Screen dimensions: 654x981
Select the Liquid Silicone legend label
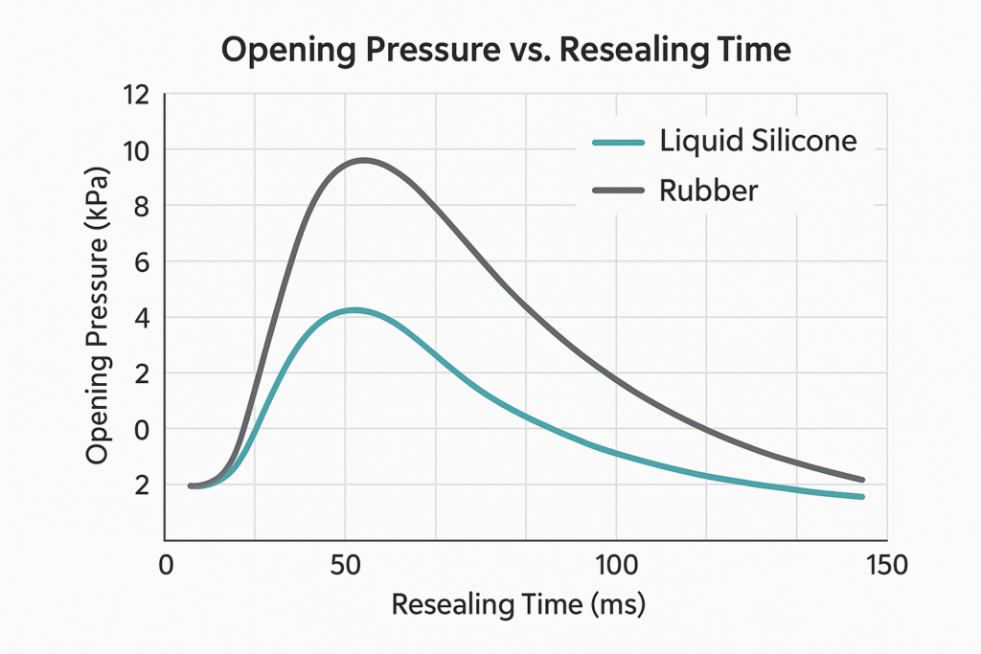758,141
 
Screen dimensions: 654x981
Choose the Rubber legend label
709,191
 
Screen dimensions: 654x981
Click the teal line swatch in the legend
619,143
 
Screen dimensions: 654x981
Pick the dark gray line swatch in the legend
619,192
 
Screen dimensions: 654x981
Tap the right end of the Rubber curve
862,480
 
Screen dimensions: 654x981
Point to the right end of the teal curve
862,496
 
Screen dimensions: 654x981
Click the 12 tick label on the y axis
138,95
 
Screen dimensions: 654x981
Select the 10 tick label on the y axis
138,150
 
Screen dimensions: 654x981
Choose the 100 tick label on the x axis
616,566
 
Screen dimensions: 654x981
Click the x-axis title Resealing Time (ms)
519,605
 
